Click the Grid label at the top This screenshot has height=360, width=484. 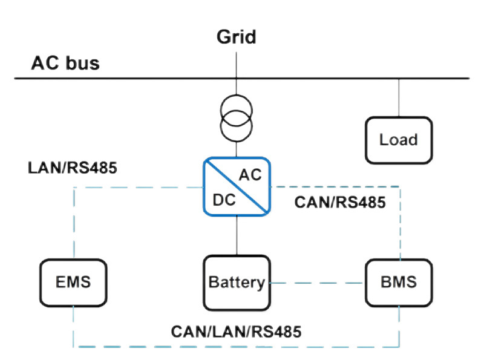point(237,37)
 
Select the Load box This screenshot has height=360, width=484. point(399,140)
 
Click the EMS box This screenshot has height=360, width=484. point(73,282)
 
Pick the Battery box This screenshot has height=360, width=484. point(236,282)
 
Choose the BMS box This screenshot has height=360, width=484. point(399,282)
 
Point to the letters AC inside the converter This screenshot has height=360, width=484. point(250,175)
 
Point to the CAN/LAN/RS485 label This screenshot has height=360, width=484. point(236,331)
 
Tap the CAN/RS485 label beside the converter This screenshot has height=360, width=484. point(339,203)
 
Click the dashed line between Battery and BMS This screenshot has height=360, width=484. point(317,283)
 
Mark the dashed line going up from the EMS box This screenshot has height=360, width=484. point(74,224)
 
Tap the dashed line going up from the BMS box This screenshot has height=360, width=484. point(399,224)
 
